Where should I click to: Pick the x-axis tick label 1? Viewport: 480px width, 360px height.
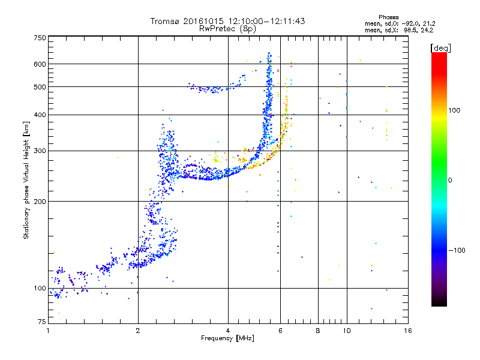pyautogui.click(x=48, y=331)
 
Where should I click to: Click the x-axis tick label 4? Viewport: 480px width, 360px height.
pyautogui.click(x=228, y=331)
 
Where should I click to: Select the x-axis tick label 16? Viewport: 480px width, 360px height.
pyautogui.click(x=407, y=331)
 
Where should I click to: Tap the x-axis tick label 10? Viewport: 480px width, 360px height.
pyautogui.click(x=346, y=331)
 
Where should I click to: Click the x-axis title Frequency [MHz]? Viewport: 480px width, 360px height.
pyautogui.click(x=227, y=338)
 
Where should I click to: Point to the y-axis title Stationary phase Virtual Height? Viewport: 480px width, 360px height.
pyautogui.click(x=26, y=180)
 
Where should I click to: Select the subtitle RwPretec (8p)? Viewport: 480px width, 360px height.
pyautogui.click(x=227, y=28)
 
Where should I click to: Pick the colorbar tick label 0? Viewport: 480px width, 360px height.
pyautogui.click(x=450, y=180)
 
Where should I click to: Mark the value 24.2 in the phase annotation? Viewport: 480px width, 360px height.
pyautogui.click(x=426, y=29)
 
